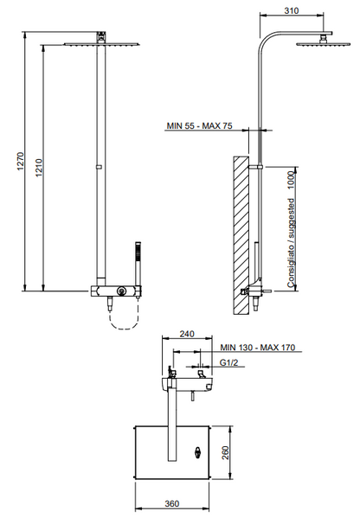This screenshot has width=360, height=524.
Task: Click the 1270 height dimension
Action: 21,161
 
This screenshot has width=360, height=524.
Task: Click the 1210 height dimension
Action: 39,168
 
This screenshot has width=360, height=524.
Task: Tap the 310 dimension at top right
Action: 292,10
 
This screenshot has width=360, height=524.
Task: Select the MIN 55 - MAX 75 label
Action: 199,125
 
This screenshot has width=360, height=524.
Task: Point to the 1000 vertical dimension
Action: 292,180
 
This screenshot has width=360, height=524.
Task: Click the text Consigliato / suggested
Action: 292,243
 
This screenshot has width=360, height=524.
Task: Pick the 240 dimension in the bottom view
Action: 187,334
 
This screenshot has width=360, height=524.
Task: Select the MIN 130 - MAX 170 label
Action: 258,348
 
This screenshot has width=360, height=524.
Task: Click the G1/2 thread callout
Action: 228,362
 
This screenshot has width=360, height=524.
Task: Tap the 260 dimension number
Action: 226,452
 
